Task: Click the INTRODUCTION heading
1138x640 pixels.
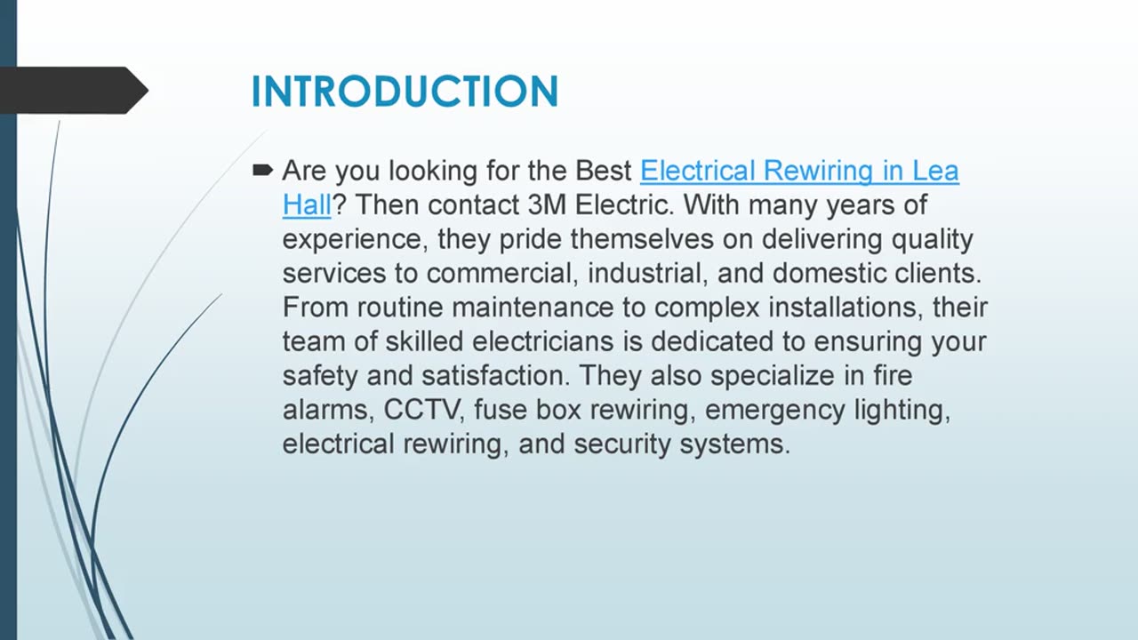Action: coord(405,92)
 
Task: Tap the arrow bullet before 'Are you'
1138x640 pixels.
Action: coord(263,170)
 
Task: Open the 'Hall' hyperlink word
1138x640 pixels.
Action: coord(307,205)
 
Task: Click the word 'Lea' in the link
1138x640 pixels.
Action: coord(935,171)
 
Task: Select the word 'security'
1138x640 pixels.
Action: coord(622,444)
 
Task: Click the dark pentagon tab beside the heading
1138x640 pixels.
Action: coord(76,90)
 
